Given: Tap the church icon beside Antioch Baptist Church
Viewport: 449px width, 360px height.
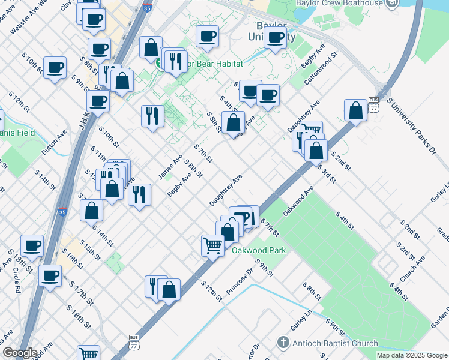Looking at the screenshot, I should (x=283, y=343).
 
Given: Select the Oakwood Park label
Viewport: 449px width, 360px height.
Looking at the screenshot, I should (x=259, y=250).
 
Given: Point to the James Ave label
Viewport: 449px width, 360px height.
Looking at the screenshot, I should (x=170, y=166).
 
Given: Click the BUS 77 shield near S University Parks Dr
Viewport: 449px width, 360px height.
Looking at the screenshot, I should (x=374, y=105).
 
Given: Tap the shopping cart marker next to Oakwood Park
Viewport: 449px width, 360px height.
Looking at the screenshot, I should (x=213, y=244).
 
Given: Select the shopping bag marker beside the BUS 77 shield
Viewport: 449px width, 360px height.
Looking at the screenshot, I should (x=356, y=110).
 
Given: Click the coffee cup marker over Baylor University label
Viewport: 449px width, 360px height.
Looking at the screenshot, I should (x=275, y=38).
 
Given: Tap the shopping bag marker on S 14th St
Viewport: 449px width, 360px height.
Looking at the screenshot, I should (x=91, y=211).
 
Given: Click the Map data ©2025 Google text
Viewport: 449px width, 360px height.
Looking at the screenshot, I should (x=411, y=355).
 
